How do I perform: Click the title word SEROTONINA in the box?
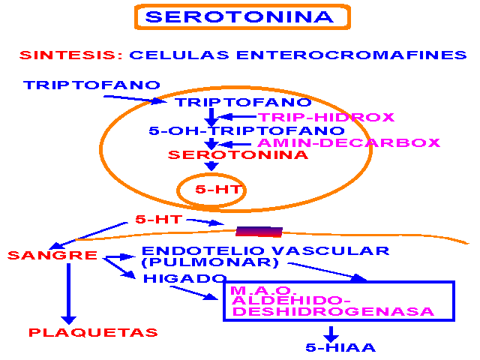pyautogui.click(x=240, y=16)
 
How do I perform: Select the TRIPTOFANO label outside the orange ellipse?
pyautogui.click(x=92, y=85)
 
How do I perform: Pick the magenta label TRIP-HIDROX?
pyautogui.click(x=327, y=117)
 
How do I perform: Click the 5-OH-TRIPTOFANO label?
pyautogui.click(x=236, y=130)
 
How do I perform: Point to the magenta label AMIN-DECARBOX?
pyautogui.click(x=349, y=142)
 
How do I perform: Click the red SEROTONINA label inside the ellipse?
pyautogui.click(x=238, y=155)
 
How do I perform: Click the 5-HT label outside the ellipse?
pyautogui.click(x=159, y=219)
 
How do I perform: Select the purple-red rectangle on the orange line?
pyautogui.click(x=259, y=231)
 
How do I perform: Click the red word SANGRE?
pyautogui.click(x=52, y=256)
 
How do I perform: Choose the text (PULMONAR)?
pyautogui.click(x=210, y=263)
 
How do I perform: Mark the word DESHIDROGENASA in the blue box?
pyautogui.click(x=332, y=311)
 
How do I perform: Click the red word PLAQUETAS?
pyautogui.click(x=93, y=332)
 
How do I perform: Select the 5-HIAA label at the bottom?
pyautogui.click(x=340, y=347)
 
